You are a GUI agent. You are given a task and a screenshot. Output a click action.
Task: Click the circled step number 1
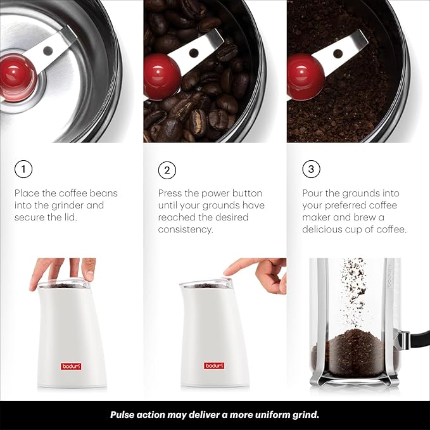tap(23, 170)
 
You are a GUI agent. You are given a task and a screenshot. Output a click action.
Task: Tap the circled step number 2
tap(167, 170)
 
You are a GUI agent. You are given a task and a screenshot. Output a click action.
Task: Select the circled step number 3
tap(311, 170)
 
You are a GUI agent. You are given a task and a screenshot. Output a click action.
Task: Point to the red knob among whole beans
tap(162, 76)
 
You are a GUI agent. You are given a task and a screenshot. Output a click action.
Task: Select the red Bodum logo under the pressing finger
tap(213, 365)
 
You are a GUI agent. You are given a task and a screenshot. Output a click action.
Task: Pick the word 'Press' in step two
tap(171, 193)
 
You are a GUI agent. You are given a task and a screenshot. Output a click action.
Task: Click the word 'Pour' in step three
tap(312, 193)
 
